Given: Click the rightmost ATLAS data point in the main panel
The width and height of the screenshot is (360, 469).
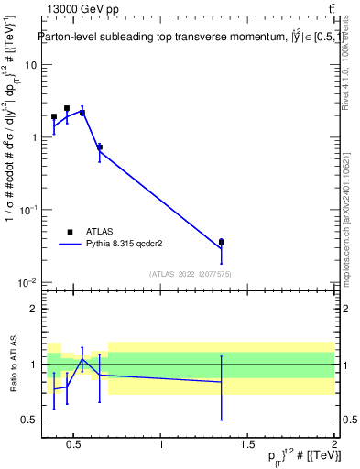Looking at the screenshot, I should click(x=221, y=242).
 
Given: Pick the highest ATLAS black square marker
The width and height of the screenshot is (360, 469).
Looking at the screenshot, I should click(x=67, y=108).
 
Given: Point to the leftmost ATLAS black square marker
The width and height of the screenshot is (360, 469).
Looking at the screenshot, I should click(x=54, y=117).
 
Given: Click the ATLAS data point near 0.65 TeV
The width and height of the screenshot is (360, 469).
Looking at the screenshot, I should click(x=99, y=147).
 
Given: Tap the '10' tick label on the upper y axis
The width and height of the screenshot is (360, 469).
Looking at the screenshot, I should click(x=31, y=65).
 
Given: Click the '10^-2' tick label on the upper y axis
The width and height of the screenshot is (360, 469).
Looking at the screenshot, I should click(x=28, y=282).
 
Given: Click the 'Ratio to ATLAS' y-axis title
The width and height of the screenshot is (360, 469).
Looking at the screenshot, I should click(x=12, y=364).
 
